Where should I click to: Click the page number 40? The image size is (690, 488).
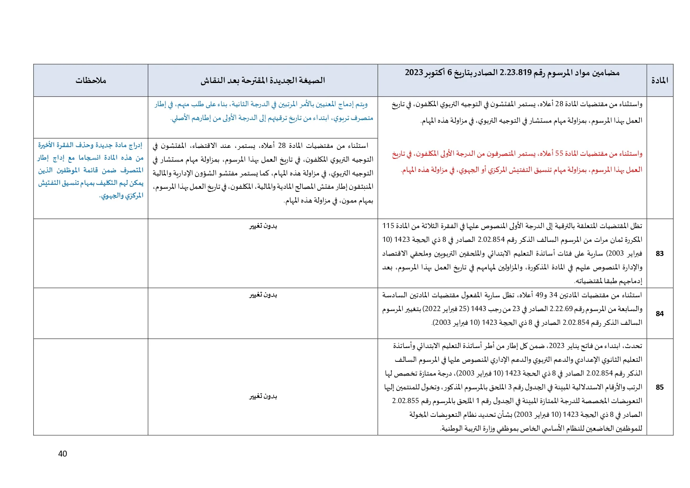pyautogui.click(x=63, y=454)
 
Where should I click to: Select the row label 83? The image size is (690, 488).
pyautogui.click(x=660, y=254)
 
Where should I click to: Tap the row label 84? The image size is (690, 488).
pyautogui.click(x=660, y=314)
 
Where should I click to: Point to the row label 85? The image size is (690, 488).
pyautogui.click(x=660, y=387)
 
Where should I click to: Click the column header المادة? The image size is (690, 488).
pyautogui.click(x=660, y=81)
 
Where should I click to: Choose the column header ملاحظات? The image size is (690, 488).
pyautogui.click(x=91, y=81)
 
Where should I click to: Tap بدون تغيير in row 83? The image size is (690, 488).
pyautogui.click(x=263, y=226)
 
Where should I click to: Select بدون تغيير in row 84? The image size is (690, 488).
pyautogui.click(x=263, y=295)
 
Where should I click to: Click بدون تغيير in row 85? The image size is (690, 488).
pyautogui.click(x=263, y=396)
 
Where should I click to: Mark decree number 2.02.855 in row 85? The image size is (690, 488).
pyautogui.click(x=405, y=401)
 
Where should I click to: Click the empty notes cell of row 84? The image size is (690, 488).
pyautogui.click(x=91, y=313)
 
